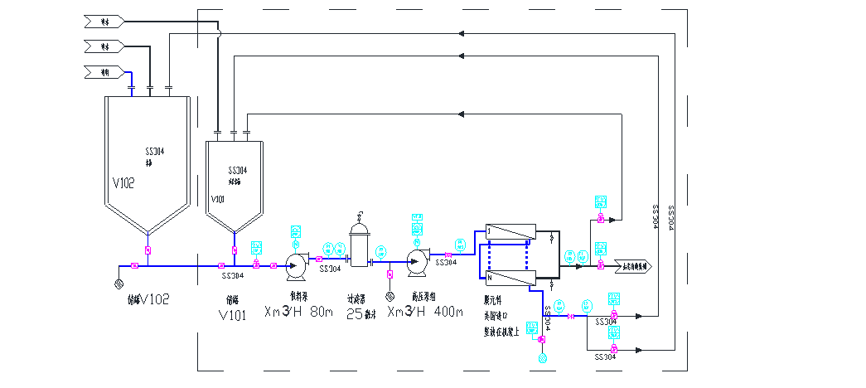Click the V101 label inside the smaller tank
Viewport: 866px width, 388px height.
[218, 200]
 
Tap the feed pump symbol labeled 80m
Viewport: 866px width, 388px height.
[295, 264]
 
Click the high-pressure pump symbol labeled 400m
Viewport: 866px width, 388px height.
[417, 261]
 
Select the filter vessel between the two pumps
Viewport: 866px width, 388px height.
[359, 242]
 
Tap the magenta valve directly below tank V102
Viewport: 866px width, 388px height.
[148, 250]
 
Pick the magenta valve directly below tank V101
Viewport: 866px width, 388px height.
[235, 250]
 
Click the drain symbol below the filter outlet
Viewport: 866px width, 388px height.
[389, 296]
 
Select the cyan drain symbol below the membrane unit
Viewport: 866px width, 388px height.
[543, 358]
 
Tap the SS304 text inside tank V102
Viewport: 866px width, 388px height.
[155, 152]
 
